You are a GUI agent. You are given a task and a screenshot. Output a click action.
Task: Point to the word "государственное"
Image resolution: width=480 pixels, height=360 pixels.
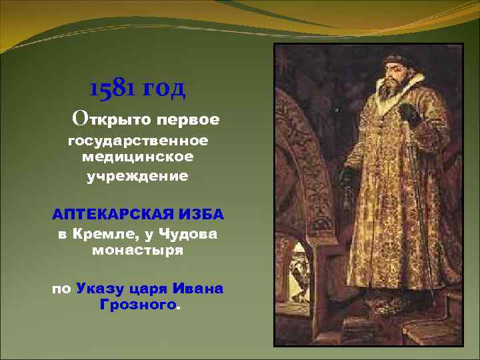click(138, 141)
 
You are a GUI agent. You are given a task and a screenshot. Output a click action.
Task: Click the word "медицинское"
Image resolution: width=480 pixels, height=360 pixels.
click(138, 157)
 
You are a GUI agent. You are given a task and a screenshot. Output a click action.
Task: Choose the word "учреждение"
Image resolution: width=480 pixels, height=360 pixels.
click(138, 177)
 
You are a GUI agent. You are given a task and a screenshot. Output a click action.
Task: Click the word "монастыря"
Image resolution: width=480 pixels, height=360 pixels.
click(137, 251)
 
